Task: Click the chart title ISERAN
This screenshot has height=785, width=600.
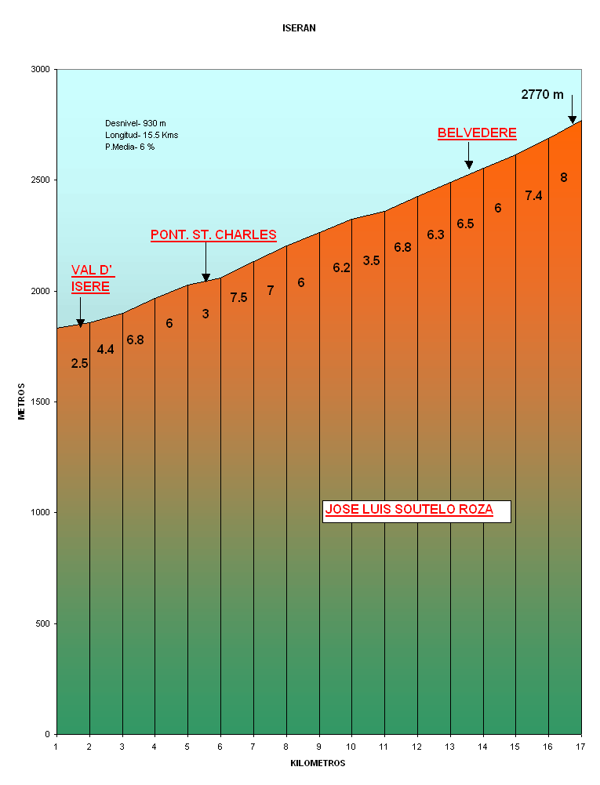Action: [299, 28]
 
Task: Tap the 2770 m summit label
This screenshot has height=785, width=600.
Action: [542, 95]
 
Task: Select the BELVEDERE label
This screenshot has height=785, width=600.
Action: [477, 133]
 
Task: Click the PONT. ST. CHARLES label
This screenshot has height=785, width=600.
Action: [213, 234]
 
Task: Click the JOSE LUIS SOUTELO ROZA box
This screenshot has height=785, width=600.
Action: [416, 511]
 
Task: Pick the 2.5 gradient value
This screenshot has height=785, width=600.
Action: [79, 363]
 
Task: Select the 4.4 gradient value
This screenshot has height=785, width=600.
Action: [105, 350]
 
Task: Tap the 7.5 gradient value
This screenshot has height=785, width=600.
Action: [238, 297]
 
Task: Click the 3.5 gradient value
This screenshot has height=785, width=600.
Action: [371, 260]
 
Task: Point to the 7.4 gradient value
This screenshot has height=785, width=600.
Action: [533, 196]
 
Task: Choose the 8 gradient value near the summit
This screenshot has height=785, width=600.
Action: [563, 178]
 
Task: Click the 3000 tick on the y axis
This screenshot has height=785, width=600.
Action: [41, 70]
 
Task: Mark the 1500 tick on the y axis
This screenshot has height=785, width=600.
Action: [41, 402]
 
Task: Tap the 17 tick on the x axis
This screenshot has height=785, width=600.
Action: [580, 746]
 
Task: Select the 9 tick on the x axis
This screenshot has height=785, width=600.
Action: [318, 746]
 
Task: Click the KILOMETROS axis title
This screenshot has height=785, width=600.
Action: [318, 763]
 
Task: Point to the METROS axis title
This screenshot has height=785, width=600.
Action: [22, 402]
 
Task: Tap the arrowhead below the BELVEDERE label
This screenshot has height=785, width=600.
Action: [468, 165]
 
